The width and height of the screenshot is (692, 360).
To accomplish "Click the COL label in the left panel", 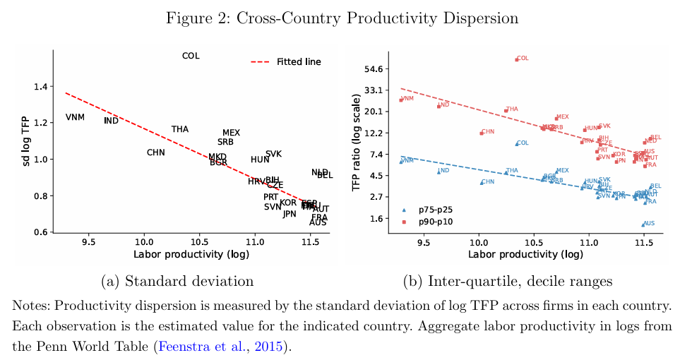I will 191,56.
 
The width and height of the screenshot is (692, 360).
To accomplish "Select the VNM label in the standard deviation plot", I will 75,117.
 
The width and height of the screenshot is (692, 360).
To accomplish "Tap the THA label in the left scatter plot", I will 180,129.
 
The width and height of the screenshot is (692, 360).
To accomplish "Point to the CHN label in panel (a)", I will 156,152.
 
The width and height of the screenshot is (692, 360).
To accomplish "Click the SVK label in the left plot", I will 273,154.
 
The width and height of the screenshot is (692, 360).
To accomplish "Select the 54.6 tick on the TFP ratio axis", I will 371,68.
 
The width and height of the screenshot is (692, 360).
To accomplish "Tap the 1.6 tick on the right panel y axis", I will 374,219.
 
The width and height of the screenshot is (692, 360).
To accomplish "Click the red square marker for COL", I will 517,59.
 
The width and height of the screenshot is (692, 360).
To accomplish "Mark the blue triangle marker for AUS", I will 643,224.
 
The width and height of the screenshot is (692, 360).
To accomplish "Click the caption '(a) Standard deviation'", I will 177,281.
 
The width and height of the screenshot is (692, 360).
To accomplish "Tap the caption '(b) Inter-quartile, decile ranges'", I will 507,281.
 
